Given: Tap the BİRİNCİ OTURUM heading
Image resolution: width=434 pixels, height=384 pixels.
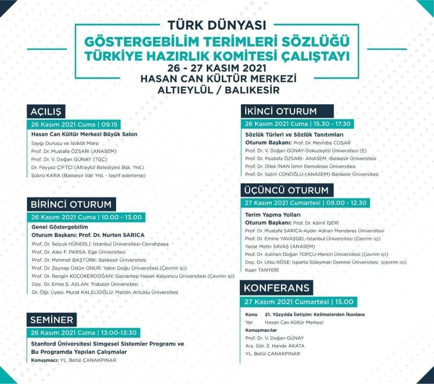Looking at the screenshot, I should [71, 204].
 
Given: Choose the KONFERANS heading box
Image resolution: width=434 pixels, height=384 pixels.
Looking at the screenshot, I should [277, 288].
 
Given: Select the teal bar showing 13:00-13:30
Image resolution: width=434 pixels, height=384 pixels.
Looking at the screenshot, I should [84, 332].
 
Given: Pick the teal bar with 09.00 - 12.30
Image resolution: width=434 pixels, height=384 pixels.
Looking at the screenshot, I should [306, 203].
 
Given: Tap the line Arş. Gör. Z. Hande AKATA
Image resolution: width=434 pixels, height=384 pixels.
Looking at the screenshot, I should [275, 345].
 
